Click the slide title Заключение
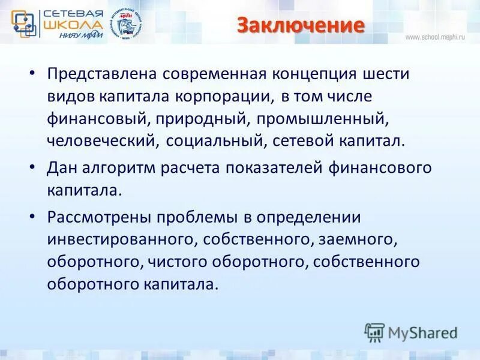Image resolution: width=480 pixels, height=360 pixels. point(301,26)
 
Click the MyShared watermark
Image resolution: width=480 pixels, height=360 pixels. point(412,332)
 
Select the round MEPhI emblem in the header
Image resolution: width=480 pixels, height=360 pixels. point(128,25)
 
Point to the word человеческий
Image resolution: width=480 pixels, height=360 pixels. point(103,142)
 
